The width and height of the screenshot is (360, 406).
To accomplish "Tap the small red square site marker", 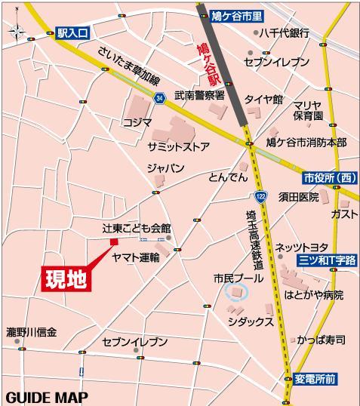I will coord(114,241).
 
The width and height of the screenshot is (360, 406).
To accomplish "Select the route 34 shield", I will coord(158,98).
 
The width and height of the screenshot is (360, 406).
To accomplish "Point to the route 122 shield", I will coord(260,195).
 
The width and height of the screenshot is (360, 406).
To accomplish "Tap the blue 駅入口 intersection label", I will coord(72,33).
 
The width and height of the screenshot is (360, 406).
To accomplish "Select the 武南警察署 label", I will coord(199,96).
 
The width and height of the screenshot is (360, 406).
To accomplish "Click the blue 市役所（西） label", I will coord(330,178).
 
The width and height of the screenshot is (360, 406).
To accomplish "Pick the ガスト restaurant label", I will coord(343,214).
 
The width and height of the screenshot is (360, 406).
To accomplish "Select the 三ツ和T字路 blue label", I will coord(326,259).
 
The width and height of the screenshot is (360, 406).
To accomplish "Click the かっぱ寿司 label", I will coord(320,340).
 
